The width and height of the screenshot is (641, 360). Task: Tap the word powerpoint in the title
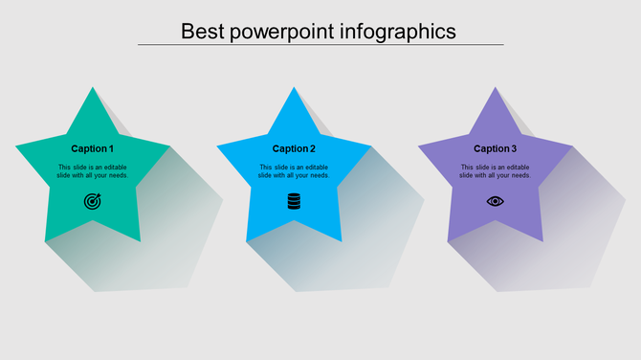pos(285,31)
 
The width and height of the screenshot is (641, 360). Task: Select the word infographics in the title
pos(401,31)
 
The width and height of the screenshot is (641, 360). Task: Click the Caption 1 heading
pos(93,148)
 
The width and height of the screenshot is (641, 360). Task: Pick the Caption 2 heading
pos(294,148)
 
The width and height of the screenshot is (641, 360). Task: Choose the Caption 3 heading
pos(495,148)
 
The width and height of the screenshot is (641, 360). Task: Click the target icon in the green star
pos(93,201)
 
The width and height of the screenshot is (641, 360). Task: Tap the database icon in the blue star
pos(294,201)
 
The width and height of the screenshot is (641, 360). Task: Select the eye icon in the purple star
pos(495,201)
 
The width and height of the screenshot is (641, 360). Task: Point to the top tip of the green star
pos(93,90)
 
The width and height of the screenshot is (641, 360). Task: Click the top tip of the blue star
pos(294,90)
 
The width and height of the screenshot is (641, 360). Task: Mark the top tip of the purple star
pos(495,90)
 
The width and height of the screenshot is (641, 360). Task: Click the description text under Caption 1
pos(93,171)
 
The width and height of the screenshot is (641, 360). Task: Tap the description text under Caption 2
pos(294,171)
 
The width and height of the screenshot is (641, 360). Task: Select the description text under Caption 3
pos(495,171)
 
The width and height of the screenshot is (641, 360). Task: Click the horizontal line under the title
pos(320,44)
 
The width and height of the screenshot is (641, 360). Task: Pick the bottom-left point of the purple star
pos(450,238)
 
